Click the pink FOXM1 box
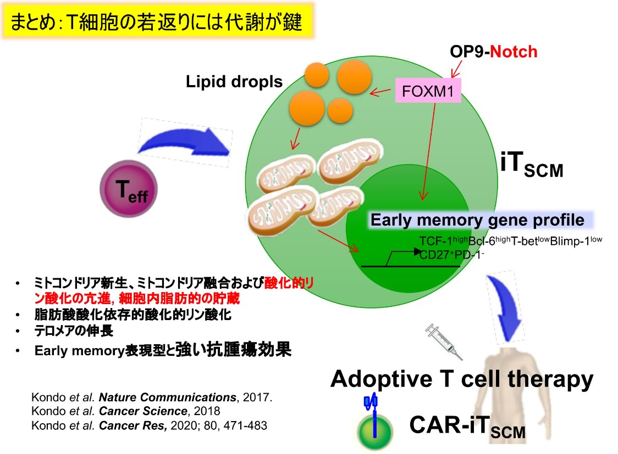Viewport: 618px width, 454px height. (x=427, y=92)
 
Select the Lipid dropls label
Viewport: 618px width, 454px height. (x=234, y=82)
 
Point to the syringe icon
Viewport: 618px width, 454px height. (x=444, y=340)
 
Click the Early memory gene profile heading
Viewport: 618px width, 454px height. (x=477, y=220)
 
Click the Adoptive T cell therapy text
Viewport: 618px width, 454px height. (x=462, y=379)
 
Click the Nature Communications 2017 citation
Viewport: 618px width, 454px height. (x=151, y=397)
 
